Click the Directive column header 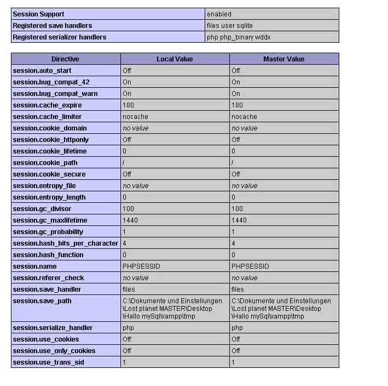pos(65,59)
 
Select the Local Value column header pos(175,59)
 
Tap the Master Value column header pos(283,59)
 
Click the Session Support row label pos(38,14)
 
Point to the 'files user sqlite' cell pos(229,25)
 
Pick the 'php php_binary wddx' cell pos(238,37)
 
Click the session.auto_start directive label pos(42,70)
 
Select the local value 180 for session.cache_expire pos(128,105)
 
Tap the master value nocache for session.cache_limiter pos(244,116)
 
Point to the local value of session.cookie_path pos(124,162)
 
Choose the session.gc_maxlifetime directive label pos(50,220)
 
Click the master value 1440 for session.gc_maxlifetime pos(239,220)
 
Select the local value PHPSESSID pos(141,266)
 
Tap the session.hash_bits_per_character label pos(65,243)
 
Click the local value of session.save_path pos(172,308)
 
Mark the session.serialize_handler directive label pos(51,327)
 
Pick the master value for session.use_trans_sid pos(233,362)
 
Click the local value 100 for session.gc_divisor pos(128,208)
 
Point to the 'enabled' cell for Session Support pos(219,14)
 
